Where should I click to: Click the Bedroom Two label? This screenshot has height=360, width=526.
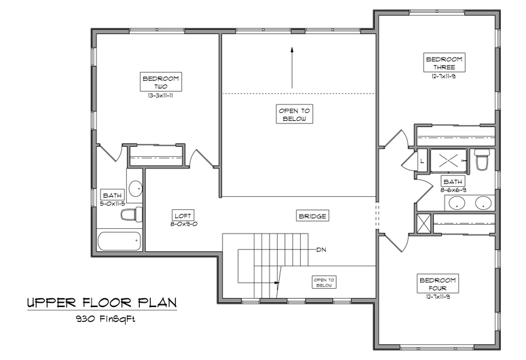[x=161, y=82]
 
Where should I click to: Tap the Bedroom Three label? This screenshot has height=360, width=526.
[x=444, y=62]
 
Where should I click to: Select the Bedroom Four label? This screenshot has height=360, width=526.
[x=438, y=283]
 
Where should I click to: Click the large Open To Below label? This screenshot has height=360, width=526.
[x=295, y=114]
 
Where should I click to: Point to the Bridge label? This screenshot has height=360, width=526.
[x=312, y=216]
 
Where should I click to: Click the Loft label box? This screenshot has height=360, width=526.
[x=183, y=215]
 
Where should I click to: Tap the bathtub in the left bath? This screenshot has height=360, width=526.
[x=119, y=240]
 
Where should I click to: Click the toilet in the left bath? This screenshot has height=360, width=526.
[x=132, y=215]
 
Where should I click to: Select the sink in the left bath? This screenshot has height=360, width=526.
[x=136, y=189]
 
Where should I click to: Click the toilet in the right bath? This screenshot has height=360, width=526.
[x=482, y=159]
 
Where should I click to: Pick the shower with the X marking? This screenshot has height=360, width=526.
[x=449, y=161]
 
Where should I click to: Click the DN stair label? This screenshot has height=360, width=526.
[x=322, y=249]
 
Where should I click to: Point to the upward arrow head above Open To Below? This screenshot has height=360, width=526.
[x=292, y=50]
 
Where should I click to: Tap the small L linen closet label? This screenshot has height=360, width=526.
[x=422, y=161]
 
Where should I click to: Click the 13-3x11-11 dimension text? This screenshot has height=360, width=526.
[x=160, y=95]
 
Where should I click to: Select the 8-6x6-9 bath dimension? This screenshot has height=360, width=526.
[x=453, y=190]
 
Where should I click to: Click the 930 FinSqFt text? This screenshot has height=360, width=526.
[x=106, y=319]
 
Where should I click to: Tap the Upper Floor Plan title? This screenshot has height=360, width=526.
[x=102, y=303]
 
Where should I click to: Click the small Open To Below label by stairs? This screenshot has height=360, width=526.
[x=324, y=283]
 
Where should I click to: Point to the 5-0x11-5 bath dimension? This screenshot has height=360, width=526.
[x=113, y=204]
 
